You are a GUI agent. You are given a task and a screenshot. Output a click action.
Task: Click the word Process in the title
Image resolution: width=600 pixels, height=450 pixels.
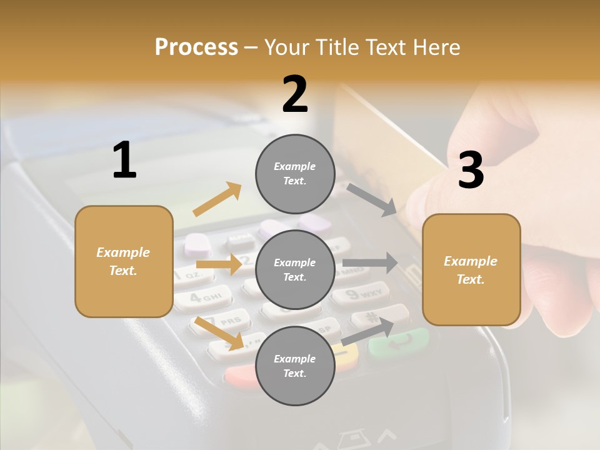pyautogui.click(x=196, y=47)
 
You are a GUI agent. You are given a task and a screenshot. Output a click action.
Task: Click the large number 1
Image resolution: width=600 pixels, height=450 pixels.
pyautogui.click(x=124, y=160)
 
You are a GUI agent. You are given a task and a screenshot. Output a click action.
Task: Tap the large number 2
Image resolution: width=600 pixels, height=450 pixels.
pyautogui.click(x=295, y=94)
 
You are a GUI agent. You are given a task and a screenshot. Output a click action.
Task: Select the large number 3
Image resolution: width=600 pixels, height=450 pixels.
pyautogui.click(x=471, y=171)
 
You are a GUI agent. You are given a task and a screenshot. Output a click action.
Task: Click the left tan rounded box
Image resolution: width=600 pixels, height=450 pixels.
pyautogui.click(x=124, y=261)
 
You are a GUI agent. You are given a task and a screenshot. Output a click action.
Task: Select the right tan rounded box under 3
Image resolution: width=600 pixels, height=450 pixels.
pyautogui.click(x=471, y=270)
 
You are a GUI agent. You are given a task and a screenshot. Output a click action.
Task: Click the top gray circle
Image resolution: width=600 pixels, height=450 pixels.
pyautogui.click(x=294, y=174)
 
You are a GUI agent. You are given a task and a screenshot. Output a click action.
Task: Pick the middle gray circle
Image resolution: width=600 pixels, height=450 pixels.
pyautogui.click(x=294, y=269)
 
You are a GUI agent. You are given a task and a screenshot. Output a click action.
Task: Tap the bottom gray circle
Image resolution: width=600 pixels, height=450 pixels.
pyautogui.click(x=294, y=366)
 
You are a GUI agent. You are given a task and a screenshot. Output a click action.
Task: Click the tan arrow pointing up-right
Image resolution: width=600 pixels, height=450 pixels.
pyautogui.click(x=217, y=199)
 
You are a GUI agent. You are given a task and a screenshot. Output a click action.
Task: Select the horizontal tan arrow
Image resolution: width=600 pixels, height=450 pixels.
pyautogui.click(x=219, y=264)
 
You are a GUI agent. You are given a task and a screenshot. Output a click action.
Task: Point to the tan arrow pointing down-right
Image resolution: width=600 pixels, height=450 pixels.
pyautogui.click(x=219, y=332)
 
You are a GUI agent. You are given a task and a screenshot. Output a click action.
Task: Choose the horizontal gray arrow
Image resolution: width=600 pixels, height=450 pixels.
pyautogui.click(x=370, y=262)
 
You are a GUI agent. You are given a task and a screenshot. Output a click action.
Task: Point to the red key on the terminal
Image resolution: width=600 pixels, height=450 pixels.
pyautogui.click(x=241, y=375)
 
